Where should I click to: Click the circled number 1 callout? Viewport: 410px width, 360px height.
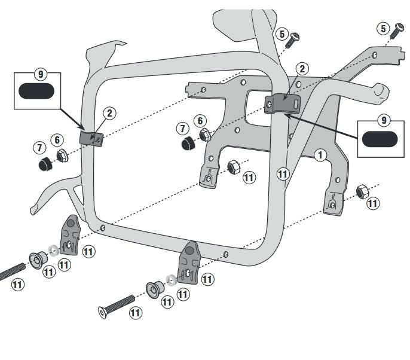[x=321, y=155]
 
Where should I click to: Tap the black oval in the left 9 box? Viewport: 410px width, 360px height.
[x=36, y=91]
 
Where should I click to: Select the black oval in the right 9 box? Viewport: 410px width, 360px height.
[x=380, y=139]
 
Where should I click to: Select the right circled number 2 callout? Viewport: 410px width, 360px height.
[x=302, y=69]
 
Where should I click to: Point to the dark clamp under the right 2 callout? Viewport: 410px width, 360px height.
[x=282, y=102]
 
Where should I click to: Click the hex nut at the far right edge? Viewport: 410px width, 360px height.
[x=362, y=192]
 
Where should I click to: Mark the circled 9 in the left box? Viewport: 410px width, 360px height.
[x=40, y=74]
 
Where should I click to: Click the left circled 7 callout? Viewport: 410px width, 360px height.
[x=39, y=147]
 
